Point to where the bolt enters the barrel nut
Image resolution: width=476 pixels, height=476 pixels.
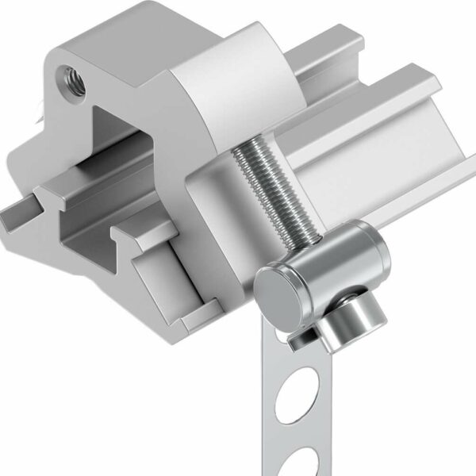[315, 239]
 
